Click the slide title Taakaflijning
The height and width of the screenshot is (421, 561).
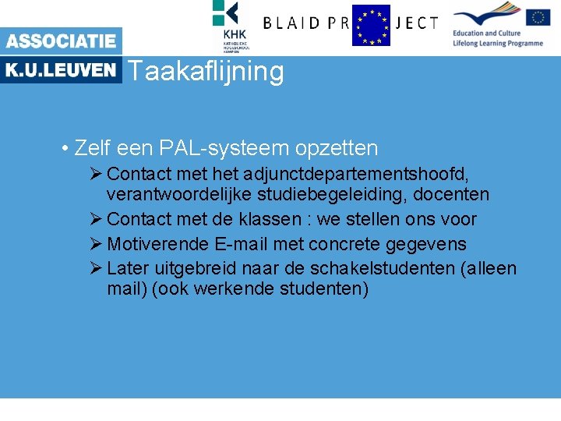pyautogui.click(x=206, y=72)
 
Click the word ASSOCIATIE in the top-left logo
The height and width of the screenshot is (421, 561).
pyautogui.click(x=61, y=41)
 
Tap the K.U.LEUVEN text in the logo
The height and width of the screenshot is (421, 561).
pyautogui.click(x=61, y=70)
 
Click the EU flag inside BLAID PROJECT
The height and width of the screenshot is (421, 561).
pyautogui.click(x=371, y=25)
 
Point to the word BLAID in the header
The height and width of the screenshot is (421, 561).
pyautogui.click(x=293, y=23)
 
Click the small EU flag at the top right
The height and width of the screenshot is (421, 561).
pyautogui.click(x=538, y=17)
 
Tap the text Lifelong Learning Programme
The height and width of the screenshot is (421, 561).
pyautogui.click(x=498, y=43)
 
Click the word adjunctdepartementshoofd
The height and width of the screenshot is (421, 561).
pyautogui.click(x=355, y=172)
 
